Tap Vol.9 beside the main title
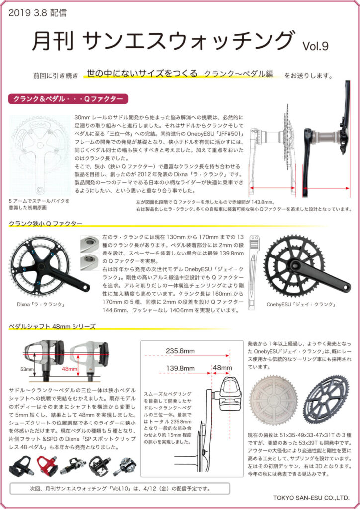315,46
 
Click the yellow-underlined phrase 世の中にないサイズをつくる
142,73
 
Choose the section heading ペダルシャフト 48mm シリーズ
52,327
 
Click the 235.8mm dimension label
180,351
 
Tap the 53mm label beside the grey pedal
27,370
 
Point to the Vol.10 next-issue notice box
119,488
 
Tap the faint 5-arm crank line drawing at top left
40,154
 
